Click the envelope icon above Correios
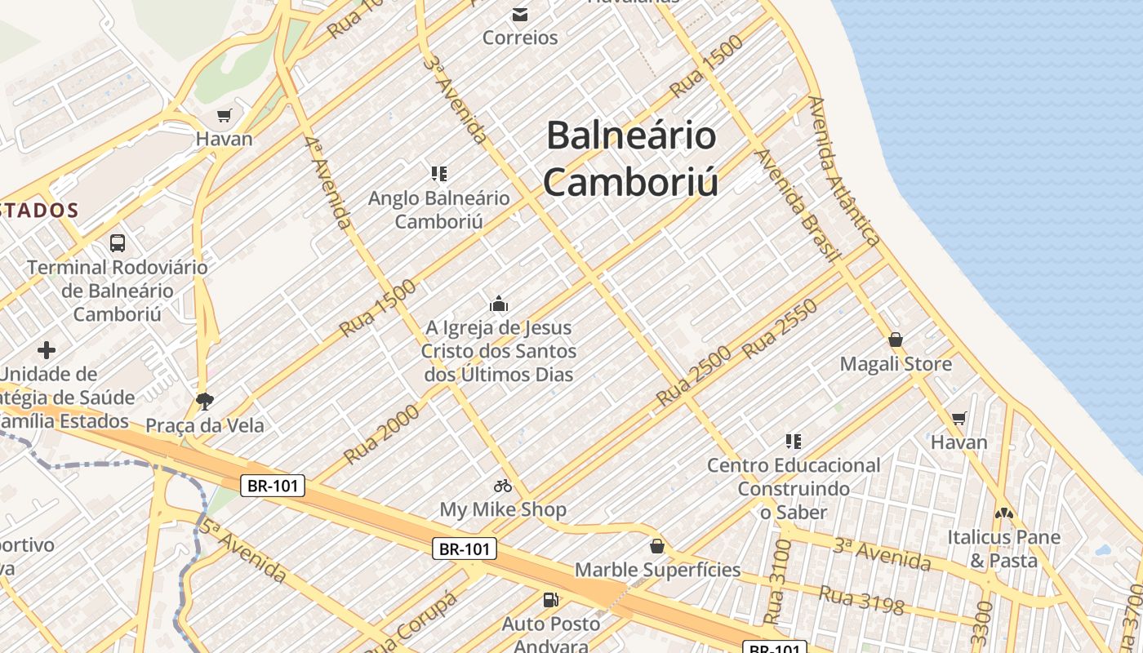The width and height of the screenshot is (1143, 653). tap(519, 14)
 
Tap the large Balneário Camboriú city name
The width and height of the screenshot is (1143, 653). tap(630, 158)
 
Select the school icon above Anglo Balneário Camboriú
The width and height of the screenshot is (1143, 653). tap(439, 173)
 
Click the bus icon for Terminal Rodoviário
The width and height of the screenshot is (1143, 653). tap(118, 242)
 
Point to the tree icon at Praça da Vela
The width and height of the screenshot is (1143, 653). tap(205, 401)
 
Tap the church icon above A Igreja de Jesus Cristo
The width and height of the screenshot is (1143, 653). tap(499, 304)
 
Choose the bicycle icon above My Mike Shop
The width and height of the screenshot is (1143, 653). tap(503, 486)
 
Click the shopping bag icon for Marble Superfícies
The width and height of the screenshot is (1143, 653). tap(657, 546)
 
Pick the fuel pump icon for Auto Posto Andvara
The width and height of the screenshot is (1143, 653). tap(551, 600)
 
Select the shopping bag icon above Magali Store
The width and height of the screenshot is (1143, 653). tap(896, 340)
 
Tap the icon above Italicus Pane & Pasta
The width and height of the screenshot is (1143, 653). tap(1003, 513)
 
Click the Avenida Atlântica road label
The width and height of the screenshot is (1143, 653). tap(844, 171)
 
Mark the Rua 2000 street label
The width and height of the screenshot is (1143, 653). tap(382, 433)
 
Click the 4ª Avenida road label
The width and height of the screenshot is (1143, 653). tap(328, 181)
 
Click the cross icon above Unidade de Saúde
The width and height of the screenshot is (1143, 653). tap(47, 350)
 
